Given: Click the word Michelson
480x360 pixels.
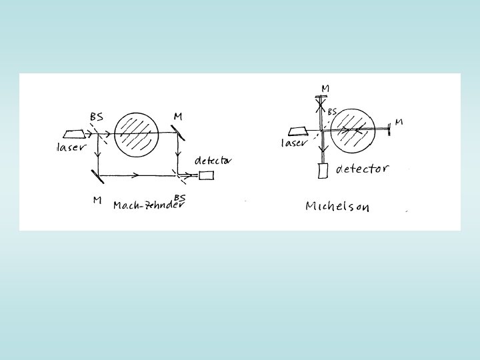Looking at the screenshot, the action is coord(337,207).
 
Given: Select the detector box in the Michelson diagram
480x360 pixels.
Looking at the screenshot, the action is coord(324,171).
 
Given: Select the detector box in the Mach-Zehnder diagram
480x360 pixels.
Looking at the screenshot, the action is coord(207,175).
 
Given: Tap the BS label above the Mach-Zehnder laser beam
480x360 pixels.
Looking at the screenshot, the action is coord(97,117).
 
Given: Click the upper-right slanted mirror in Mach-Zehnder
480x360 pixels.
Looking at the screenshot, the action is coord(181,133).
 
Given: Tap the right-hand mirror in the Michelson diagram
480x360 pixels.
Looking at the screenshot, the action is coord(389,128).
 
